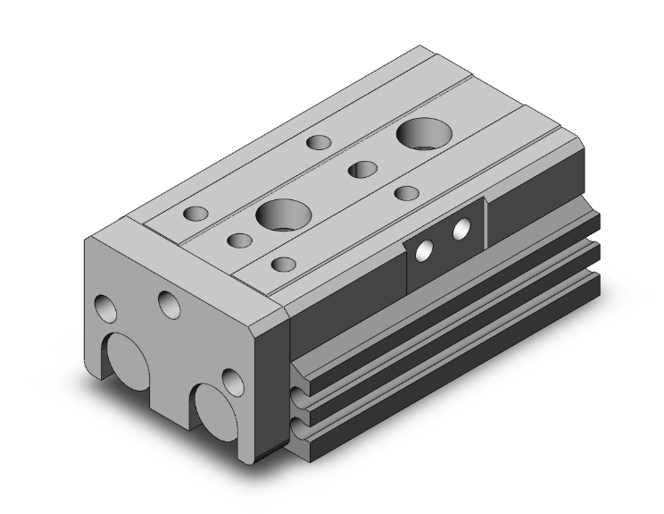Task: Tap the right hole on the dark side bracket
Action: (x=462, y=230)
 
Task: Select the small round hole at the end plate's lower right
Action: (x=233, y=382)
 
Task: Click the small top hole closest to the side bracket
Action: (x=407, y=193)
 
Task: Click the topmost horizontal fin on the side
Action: (x=446, y=295)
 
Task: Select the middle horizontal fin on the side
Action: (x=446, y=326)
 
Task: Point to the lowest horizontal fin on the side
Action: (x=446, y=358)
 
